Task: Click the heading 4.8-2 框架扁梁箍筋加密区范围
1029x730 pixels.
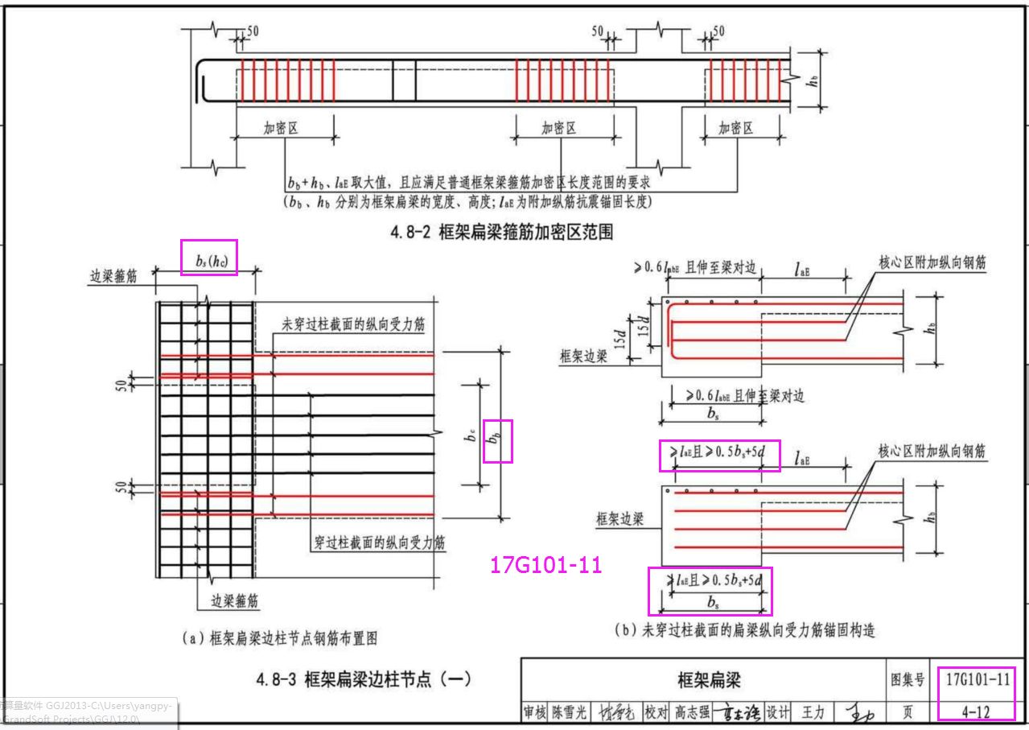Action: [502, 233]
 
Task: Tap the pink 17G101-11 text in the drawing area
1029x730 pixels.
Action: [545, 565]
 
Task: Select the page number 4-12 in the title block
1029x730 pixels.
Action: [975, 711]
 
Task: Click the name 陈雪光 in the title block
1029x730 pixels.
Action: [568, 712]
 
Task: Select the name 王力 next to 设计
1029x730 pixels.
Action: [813, 712]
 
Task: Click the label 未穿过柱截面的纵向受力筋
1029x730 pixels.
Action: [353, 324]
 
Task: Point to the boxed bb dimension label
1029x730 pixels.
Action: [497, 440]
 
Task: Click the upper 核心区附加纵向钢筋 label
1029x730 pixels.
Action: [932, 262]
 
